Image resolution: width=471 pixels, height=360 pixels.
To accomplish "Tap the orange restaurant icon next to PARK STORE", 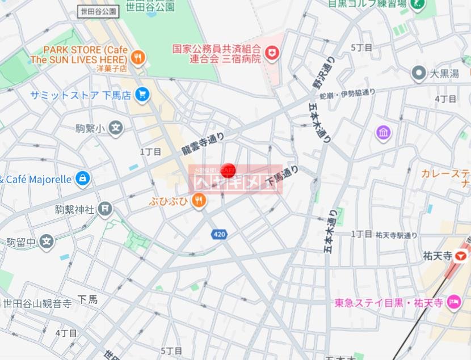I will pyautogui.click(x=137, y=57).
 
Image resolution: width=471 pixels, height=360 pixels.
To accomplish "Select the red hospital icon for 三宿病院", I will pyautogui.click(x=275, y=53).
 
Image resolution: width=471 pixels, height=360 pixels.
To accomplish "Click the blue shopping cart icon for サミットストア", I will pyautogui.click(x=142, y=94).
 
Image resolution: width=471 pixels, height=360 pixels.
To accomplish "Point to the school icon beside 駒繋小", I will pyautogui.click(x=116, y=128).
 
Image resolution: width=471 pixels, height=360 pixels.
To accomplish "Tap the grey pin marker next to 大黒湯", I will pyautogui.click(x=419, y=73).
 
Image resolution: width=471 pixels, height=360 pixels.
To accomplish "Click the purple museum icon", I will pyautogui.click(x=384, y=133).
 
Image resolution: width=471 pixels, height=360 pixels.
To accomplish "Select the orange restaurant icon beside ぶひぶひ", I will pyautogui.click(x=198, y=200).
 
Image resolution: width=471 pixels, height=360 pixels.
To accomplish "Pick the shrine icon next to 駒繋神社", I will pyautogui.click(x=105, y=209).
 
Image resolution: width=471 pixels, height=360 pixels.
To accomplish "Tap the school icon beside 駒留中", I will pyautogui.click(x=47, y=242).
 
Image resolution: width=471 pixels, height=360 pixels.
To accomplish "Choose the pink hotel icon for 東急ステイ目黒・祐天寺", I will pyautogui.click(x=454, y=302).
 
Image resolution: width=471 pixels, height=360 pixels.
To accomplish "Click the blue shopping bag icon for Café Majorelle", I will pyautogui.click(x=83, y=179).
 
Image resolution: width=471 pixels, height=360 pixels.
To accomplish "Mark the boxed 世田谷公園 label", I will pyautogui.click(x=98, y=11).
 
